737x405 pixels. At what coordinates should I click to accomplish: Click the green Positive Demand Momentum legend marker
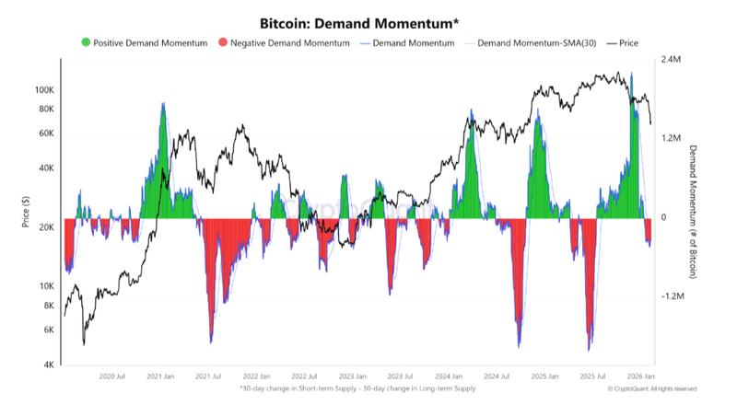point(87,42)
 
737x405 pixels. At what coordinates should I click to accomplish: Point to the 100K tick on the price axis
point(44,90)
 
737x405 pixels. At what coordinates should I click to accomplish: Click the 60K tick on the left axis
point(46,133)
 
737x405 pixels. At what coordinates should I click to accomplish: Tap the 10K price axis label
point(46,286)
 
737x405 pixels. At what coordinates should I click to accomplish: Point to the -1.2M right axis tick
point(673,297)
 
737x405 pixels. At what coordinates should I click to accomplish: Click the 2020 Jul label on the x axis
point(111,376)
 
